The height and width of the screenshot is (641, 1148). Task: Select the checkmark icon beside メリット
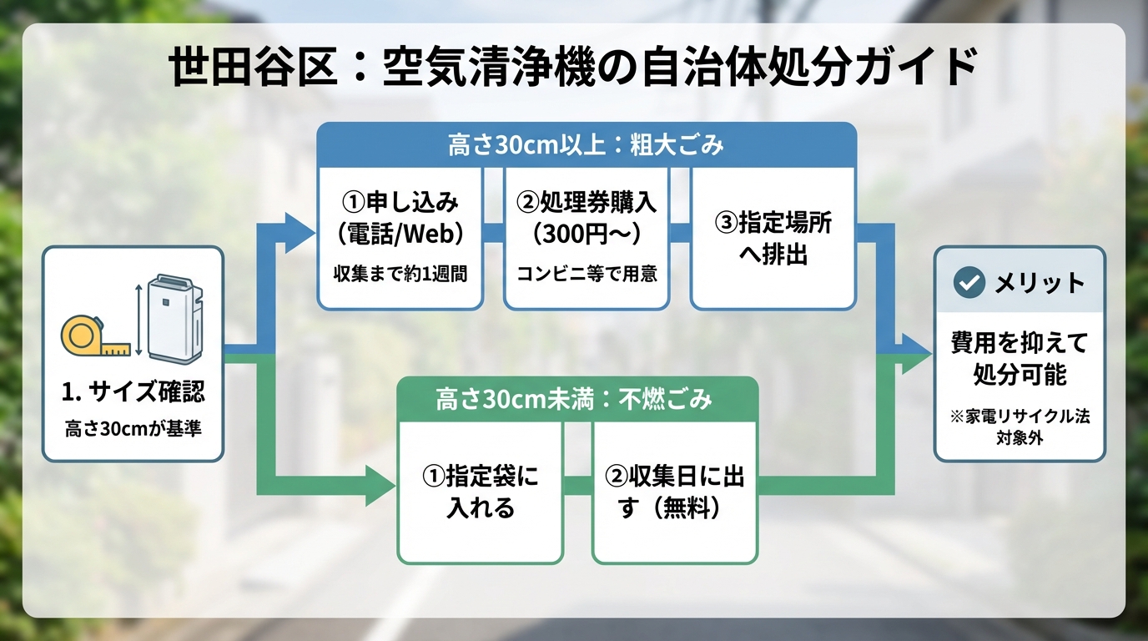tap(969, 283)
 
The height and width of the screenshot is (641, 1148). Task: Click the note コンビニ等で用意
tap(587, 274)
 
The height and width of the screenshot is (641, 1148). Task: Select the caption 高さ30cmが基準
tap(133, 429)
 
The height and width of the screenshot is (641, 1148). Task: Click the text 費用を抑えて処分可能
tap(1020, 359)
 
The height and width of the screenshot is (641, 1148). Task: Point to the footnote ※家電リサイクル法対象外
tap(1020, 426)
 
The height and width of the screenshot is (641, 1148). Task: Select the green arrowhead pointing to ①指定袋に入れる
tap(380, 485)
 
